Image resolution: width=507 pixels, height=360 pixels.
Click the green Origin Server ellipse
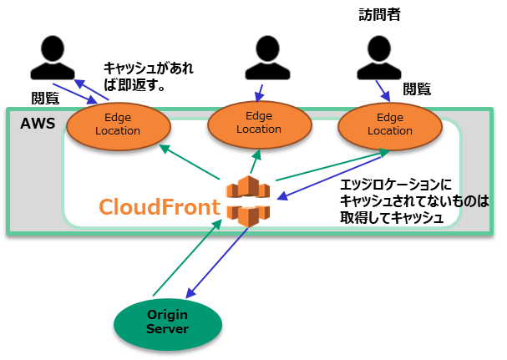[x=168, y=324]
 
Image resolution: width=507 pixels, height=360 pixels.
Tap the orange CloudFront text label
[x=160, y=206]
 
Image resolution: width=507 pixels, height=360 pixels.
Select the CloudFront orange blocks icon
[x=248, y=201]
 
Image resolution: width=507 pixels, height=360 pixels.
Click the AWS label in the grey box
[x=38, y=124]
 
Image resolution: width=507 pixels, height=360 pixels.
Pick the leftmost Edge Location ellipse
[x=119, y=126]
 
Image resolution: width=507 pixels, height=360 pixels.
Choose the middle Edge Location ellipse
[x=259, y=124]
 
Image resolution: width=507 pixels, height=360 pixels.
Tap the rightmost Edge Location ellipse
[x=390, y=126]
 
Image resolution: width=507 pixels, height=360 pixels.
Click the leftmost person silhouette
[x=53, y=58]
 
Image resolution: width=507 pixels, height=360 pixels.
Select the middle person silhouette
[x=267, y=58]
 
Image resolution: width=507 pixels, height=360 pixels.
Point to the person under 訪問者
[x=379, y=58]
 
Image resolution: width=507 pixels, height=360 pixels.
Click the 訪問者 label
[x=379, y=15]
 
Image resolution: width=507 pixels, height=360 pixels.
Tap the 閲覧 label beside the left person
[x=45, y=98]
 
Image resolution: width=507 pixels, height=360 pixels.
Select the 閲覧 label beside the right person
[x=417, y=89]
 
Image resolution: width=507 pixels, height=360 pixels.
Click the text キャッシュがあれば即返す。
[x=149, y=77]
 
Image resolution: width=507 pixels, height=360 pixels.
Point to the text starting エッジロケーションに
[x=414, y=201]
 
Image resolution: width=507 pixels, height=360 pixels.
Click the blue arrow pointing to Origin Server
[x=217, y=263]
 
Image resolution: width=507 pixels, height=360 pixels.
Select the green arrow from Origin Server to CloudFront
[x=188, y=257]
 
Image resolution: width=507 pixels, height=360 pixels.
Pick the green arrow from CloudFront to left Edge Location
[x=190, y=162]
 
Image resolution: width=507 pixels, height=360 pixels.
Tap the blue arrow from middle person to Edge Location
[x=259, y=94]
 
